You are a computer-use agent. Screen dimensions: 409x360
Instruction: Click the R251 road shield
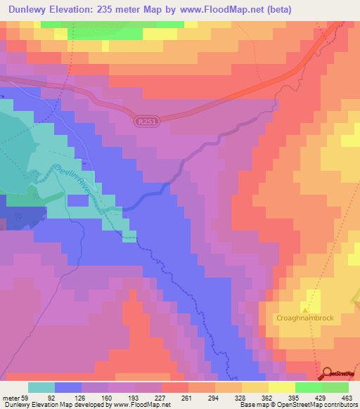[146, 122]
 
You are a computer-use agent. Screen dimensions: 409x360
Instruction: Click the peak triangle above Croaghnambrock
[305, 308]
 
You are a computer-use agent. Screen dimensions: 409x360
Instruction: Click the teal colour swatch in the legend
[41, 387]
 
